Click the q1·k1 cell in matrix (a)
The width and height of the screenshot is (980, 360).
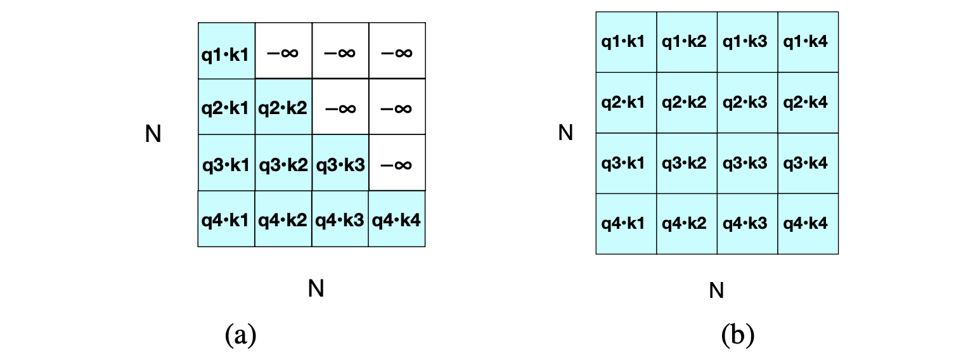click(226, 51)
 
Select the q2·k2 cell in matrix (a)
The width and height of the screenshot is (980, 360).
click(283, 107)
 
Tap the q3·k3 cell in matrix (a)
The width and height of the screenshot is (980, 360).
click(340, 163)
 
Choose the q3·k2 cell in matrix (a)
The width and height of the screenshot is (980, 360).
click(283, 163)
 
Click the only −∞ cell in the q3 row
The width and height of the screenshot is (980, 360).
click(397, 163)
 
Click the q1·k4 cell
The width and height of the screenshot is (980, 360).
click(808, 42)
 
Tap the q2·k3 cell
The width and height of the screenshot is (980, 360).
click(747, 103)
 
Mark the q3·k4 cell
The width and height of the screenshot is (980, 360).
click(808, 164)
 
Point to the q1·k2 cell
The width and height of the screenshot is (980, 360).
click(687, 42)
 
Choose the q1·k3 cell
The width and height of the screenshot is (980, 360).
click(747, 42)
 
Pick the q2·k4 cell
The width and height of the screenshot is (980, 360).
click(808, 103)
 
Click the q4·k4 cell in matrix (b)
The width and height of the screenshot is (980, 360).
click(808, 224)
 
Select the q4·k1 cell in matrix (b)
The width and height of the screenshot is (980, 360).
click(626, 224)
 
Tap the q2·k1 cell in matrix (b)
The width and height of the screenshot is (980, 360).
click(626, 103)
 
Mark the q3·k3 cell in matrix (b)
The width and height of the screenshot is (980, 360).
click(747, 164)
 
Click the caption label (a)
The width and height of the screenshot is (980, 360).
click(240, 334)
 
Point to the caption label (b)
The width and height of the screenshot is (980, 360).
click(737, 334)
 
